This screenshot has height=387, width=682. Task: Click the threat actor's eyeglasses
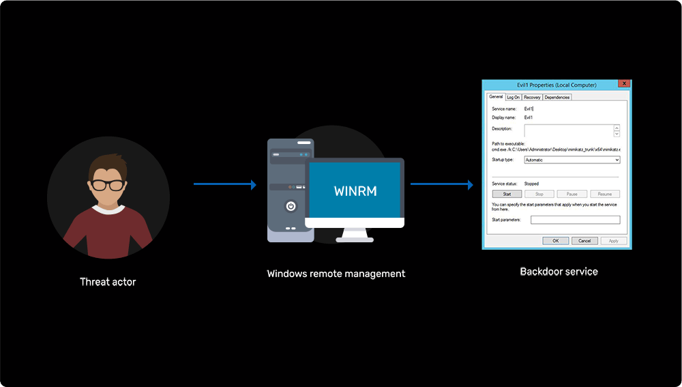tap(108, 184)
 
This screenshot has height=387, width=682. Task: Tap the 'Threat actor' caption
tap(108, 281)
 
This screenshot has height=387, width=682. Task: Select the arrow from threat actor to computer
tap(225, 184)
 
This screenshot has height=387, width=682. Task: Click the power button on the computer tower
tap(291, 206)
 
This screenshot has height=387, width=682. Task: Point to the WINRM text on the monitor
tap(355, 190)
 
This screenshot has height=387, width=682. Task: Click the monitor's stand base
tap(355, 239)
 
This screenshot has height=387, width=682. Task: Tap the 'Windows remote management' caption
tap(336, 274)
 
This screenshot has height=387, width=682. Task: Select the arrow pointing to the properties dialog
tap(441, 184)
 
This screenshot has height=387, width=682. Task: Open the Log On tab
tap(513, 97)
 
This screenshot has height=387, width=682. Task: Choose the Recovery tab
tap(532, 97)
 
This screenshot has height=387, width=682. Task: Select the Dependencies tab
tap(557, 97)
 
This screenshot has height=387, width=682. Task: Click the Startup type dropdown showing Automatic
tap(572, 160)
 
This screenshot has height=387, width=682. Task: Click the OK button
tap(556, 240)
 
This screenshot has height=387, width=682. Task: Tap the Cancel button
tap(584, 240)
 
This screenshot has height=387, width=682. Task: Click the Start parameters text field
tap(575, 220)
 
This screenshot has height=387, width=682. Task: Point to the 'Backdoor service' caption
tap(559, 271)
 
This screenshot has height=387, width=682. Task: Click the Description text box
tap(569, 130)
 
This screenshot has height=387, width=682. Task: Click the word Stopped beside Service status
tap(531, 184)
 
